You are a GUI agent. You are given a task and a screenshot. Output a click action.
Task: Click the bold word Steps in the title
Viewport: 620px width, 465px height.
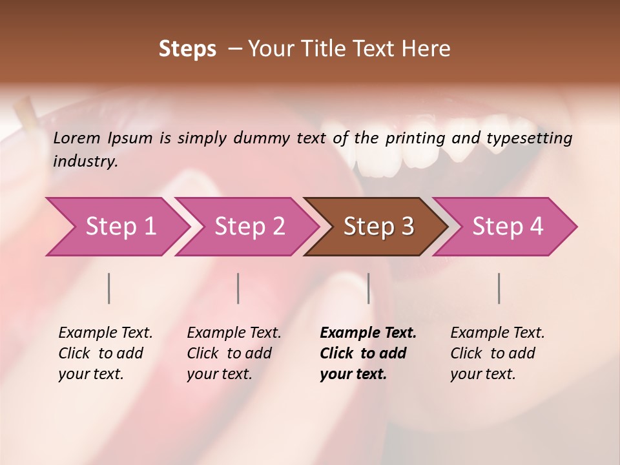(187, 49)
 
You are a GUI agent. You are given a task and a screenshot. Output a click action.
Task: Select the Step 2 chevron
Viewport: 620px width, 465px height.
(249, 227)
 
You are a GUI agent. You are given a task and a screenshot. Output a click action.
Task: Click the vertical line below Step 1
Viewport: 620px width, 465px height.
(109, 288)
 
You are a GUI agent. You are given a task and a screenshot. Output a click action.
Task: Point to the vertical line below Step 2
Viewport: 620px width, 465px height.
(238, 288)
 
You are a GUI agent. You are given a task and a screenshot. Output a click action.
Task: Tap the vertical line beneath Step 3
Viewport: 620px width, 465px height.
(368, 288)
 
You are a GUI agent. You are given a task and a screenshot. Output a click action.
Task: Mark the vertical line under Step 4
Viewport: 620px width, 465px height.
(499, 288)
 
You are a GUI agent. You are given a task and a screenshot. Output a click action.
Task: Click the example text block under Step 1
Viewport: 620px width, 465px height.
(105, 353)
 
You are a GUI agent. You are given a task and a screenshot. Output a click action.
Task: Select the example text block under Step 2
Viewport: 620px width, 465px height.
(234, 353)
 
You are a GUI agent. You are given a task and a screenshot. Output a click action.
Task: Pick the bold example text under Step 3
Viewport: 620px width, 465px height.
(368, 353)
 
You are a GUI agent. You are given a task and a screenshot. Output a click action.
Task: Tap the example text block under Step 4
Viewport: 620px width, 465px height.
(497, 353)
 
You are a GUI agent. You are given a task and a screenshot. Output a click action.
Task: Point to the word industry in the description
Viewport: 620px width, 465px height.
(85, 161)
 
